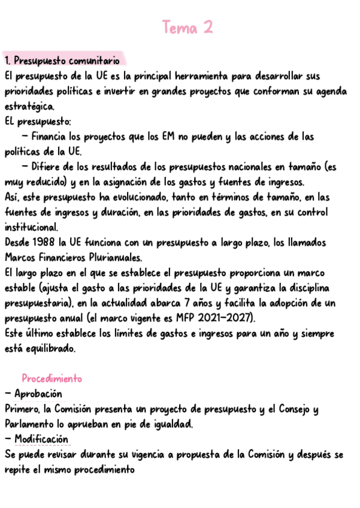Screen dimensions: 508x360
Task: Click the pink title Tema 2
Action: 187,28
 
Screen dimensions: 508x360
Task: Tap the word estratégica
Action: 29,107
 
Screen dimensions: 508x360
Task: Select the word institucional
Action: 31,228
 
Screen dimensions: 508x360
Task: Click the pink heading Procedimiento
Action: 52,379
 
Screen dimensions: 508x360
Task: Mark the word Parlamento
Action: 27,424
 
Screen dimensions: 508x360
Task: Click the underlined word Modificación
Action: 41,439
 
